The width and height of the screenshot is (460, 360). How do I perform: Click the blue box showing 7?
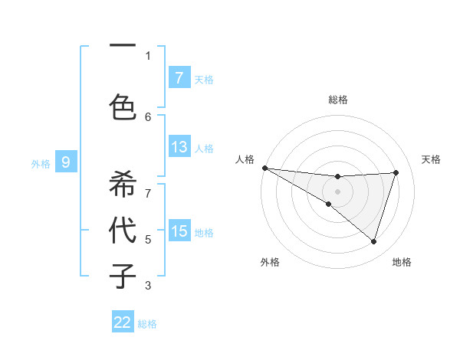[x=179, y=77]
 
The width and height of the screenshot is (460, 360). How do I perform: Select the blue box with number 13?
[x=179, y=147]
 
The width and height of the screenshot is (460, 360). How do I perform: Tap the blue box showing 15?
[x=179, y=231]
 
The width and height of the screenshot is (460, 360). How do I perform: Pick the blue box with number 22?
[x=123, y=322]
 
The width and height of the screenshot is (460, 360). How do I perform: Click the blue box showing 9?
[x=66, y=162]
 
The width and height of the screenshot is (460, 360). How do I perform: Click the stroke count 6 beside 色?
[x=148, y=116]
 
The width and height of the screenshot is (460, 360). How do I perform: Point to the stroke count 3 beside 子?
[x=148, y=286]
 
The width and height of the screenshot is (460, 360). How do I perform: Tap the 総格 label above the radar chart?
[x=337, y=100]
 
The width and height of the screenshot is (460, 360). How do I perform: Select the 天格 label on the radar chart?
[x=431, y=159]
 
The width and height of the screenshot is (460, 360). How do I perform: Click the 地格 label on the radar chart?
[x=402, y=262]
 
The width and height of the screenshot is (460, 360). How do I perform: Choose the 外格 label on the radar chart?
[x=270, y=262]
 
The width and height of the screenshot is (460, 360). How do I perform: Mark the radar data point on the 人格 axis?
[x=264, y=167]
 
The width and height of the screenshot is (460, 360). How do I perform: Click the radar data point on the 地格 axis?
[x=374, y=241]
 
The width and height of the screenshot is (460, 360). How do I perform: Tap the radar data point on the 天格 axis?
[x=396, y=172]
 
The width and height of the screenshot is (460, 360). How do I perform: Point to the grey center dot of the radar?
[x=337, y=191]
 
